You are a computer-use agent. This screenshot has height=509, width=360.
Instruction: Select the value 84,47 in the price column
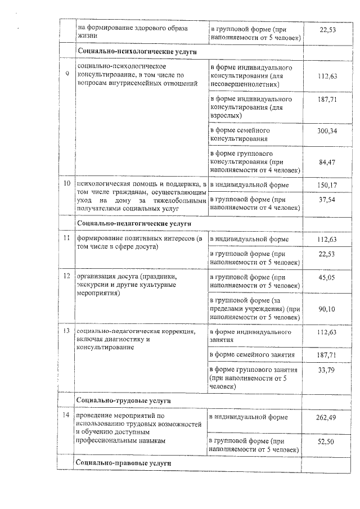(327, 163)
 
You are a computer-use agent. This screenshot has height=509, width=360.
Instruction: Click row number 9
(68, 74)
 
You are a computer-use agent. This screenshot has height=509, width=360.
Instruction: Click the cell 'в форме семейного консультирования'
(240, 134)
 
